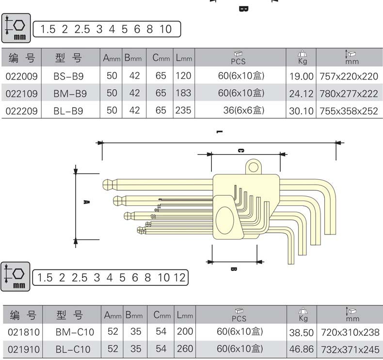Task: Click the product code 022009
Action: (x=21, y=76)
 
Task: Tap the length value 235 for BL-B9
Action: (x=183, y=110)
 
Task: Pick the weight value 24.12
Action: (x=301, y=94)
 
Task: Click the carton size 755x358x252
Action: (x=349, y=111)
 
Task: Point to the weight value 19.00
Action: (x=301, y=76)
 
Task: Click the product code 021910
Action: (x=22, y=349)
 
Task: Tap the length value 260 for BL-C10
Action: (x=184, y=348)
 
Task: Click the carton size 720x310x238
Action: (x=349, y=332)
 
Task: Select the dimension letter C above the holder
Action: (x=241, y=150)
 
